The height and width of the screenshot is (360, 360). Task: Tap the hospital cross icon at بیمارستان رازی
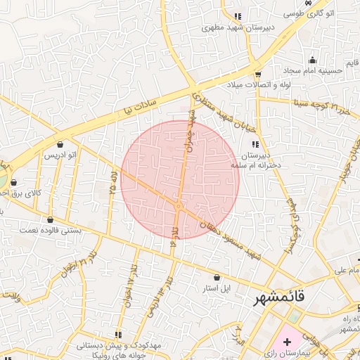[x=287, y=340]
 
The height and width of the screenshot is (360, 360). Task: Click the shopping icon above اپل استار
[x=216, y=277]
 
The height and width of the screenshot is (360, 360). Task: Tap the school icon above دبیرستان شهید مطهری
[x=238, y=15]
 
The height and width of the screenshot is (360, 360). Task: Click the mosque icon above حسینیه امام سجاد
[x=312, y=60]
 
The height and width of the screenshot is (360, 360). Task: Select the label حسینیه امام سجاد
[x=313, y=71]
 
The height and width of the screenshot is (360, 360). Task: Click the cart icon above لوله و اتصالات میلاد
[x=258, y=73]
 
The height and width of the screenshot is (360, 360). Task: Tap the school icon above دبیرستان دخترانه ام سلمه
[x=255, y=143]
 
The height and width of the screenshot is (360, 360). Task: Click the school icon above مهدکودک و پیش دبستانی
[x=117, y=334]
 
